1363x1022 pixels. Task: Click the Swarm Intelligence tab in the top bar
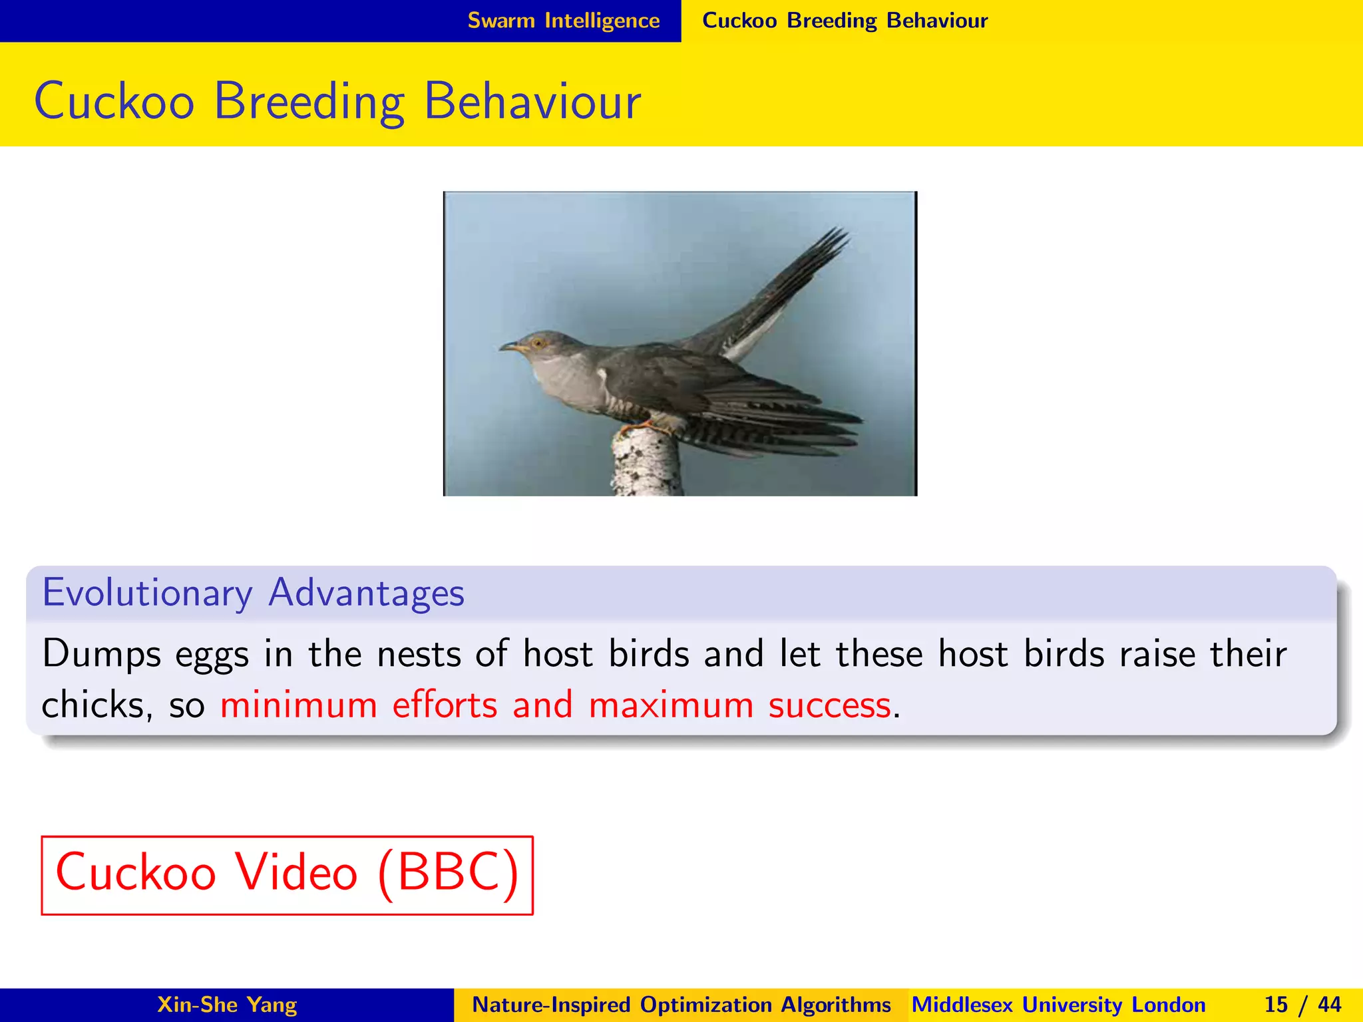tap(563, 21)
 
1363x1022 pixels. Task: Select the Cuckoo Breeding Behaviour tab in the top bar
tap(845, 21)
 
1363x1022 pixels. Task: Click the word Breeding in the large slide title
tap(309, 102)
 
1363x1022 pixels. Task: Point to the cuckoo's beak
tap(509, 347)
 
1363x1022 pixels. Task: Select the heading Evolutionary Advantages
tap(253, 592)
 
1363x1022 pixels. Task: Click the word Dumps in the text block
tap(101, 653)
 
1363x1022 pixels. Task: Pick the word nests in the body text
tap(419, 653)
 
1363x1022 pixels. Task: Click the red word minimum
tap(298, 705)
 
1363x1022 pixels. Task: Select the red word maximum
tap(670, 705)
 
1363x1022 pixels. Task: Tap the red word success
tap(829, 705)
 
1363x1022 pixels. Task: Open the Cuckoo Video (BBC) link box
tap(287, 874)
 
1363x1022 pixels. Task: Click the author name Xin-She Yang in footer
tap(226, 1005)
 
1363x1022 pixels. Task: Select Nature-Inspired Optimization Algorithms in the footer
tap(681, 1005)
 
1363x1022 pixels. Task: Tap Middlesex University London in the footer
tap(1058, 1005)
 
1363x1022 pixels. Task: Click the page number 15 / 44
tap(1302, 1005)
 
